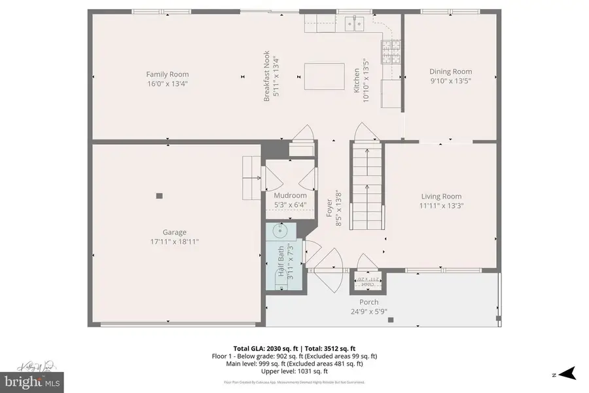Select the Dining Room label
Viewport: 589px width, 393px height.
pyautogui.click(x=450, y=72)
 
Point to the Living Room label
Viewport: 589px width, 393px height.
pyautogui.click(x=441, y=196)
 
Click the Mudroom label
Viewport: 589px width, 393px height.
pyautogui.click(x=289, y=195)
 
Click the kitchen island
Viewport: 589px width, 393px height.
pyautogui.click(x=324, y=77)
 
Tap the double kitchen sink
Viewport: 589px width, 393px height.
pyautogui.click(x=354, y=25)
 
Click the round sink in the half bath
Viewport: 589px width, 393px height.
pyautogui.click(x=281, y=231)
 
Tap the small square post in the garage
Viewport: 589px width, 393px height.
pyautogui.click(x=159, y=195)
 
